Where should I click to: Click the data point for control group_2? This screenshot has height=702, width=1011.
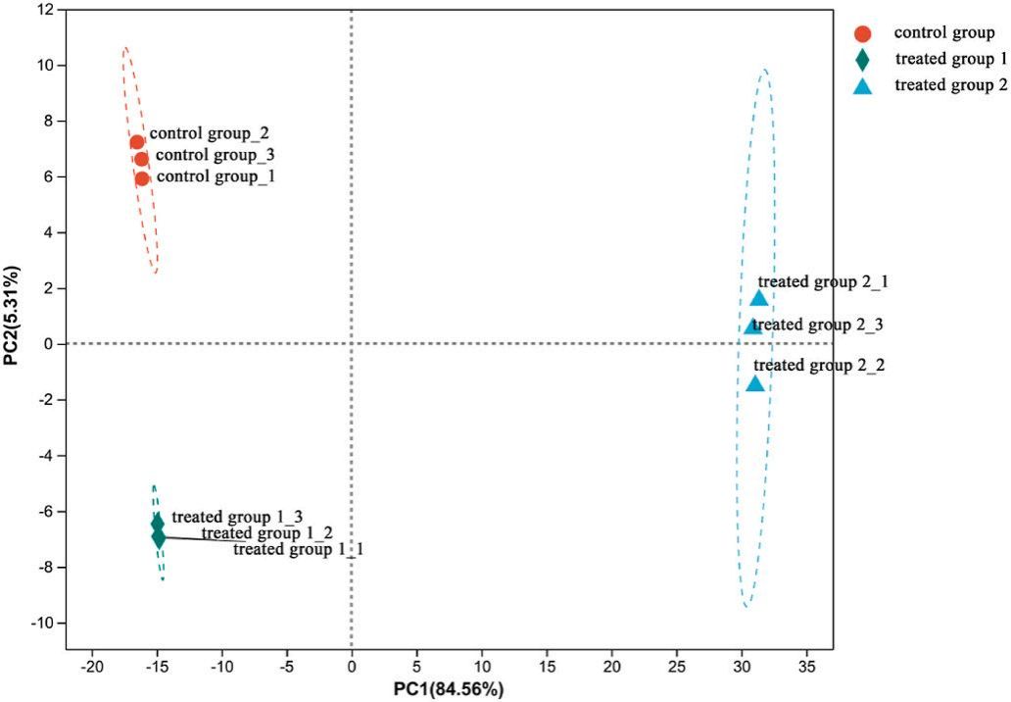(137, 142)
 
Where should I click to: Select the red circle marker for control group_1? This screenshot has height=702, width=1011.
(142, 178)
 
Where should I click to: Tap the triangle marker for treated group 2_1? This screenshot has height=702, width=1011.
(759, 298)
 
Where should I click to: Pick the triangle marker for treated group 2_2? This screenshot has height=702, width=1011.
(755, 383)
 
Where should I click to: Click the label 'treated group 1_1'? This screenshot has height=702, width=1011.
(298, 550)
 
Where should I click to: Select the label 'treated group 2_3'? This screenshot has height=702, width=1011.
(819, 325)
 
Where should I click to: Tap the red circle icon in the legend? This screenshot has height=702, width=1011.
(862, 33)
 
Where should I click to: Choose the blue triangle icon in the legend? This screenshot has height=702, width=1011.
(862, 85)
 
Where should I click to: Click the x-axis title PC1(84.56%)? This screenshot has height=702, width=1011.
(449, 689)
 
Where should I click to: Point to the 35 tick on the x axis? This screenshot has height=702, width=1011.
(805, 668)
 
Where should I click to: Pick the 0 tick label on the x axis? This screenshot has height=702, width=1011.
(351, 668)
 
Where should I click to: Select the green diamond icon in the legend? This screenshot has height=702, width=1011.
(862, 60)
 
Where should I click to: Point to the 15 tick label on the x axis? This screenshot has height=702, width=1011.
(546, 668)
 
